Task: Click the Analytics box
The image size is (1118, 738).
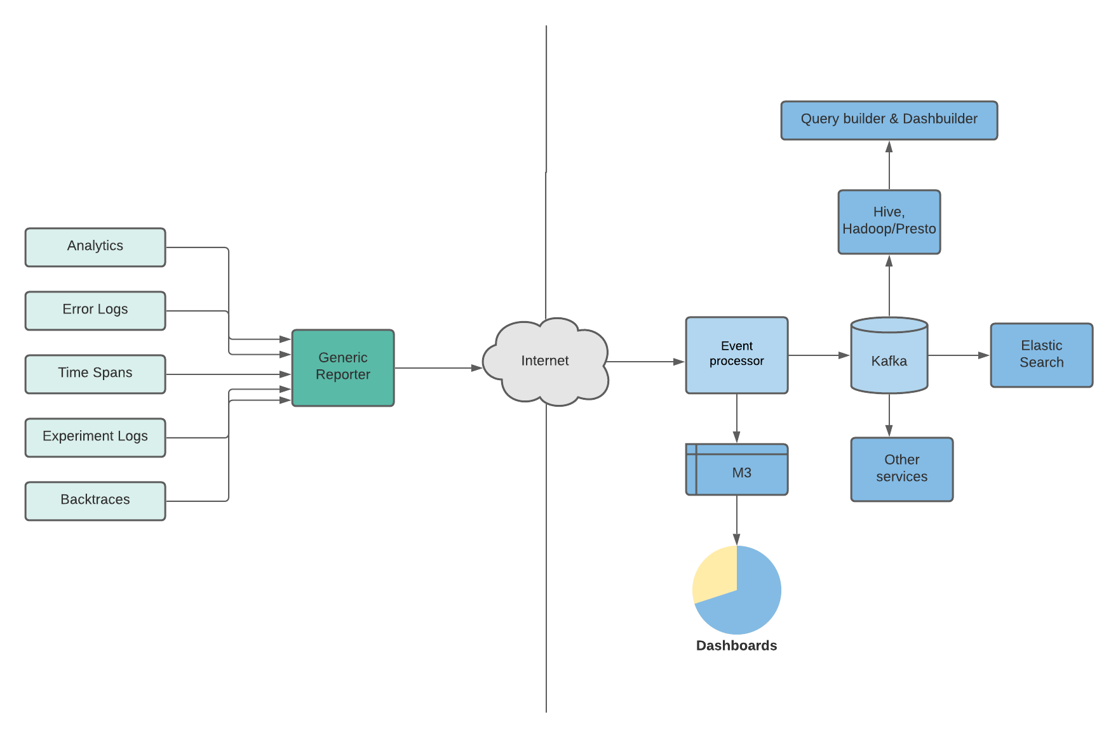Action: pyautogui.click(x=95, y=247)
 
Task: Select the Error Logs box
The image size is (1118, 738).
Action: pyautogui.click(x=95, y=310)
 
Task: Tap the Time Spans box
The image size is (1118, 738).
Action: pyautogui.click(x=95, y=374)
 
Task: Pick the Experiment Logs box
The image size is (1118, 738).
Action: pyautogui.click(x=95, y=437)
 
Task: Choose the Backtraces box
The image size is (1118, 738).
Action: pyautogui.click(x=95, y=501)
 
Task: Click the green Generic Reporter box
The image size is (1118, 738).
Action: pyautogui.click(x=343, y=367)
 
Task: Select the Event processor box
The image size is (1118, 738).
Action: pyautogui.click(x=737, y=355)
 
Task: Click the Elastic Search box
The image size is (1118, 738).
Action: pyautogui.click(x=1042, y=355)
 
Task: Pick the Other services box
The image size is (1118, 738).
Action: pyautogui.click(x=902, y=469)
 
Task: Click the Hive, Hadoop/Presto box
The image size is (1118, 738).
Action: pyautogui.click(x=889, y=221)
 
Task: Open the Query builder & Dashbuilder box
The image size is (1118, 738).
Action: pyautogui.click(x=889, y=120)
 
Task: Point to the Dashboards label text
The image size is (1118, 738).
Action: pyautogui.click(x=737, y=646)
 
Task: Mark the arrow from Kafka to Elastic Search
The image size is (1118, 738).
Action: pyautogui.click(x=959, y=355)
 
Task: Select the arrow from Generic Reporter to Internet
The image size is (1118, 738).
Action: pyautogui.click(x=438, y=368)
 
